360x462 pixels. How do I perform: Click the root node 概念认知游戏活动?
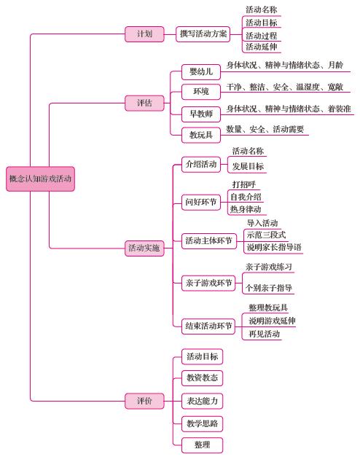[40, 179]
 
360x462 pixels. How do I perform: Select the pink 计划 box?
[144, 34]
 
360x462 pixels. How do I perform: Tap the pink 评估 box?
[144, 103]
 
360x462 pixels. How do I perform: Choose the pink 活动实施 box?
[144, 248]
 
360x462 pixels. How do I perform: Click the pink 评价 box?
[144, 401]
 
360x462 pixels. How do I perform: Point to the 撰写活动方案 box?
[203, 34]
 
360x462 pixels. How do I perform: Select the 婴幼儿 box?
[201, 72]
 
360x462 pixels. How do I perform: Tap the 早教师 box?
[201, 114]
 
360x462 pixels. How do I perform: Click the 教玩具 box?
[201, 136]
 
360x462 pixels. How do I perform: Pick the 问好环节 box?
[201, 203]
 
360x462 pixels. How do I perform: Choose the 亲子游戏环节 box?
[208, 283]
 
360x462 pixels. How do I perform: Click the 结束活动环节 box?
[208, 326]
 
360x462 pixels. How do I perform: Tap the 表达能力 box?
[202, 401]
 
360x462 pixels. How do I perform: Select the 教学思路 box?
[202, 424]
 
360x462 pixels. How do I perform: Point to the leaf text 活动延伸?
[262, 47]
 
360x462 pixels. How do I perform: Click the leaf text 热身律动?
[246, 209]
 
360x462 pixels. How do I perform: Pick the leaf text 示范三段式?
[266, 235]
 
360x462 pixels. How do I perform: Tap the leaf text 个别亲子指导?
[269, 288]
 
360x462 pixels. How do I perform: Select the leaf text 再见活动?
[264, 334]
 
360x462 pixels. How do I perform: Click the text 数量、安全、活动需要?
[265, 130]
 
